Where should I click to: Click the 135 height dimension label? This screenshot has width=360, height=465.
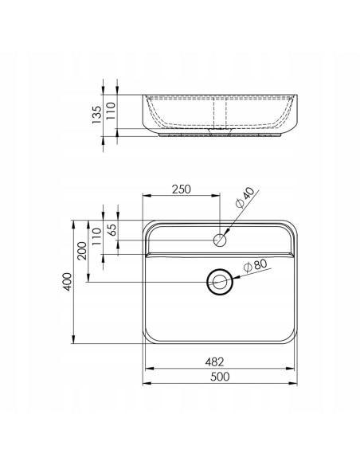[x=96, y=115]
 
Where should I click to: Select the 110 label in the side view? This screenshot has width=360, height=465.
[x=111, y=111]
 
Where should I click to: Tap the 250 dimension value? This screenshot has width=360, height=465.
[x=182, y=190]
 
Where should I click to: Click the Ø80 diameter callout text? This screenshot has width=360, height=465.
[x=255, y=265]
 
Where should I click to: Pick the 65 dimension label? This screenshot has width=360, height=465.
[x=113, y=229]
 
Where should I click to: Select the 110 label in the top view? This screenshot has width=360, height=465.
[x=96, y=236]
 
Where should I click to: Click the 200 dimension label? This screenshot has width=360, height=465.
[x=82, y=251]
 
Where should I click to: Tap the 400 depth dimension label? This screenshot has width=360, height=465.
[x=68, y=282]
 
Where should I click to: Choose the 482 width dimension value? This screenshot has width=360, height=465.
[x=214, y=361]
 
